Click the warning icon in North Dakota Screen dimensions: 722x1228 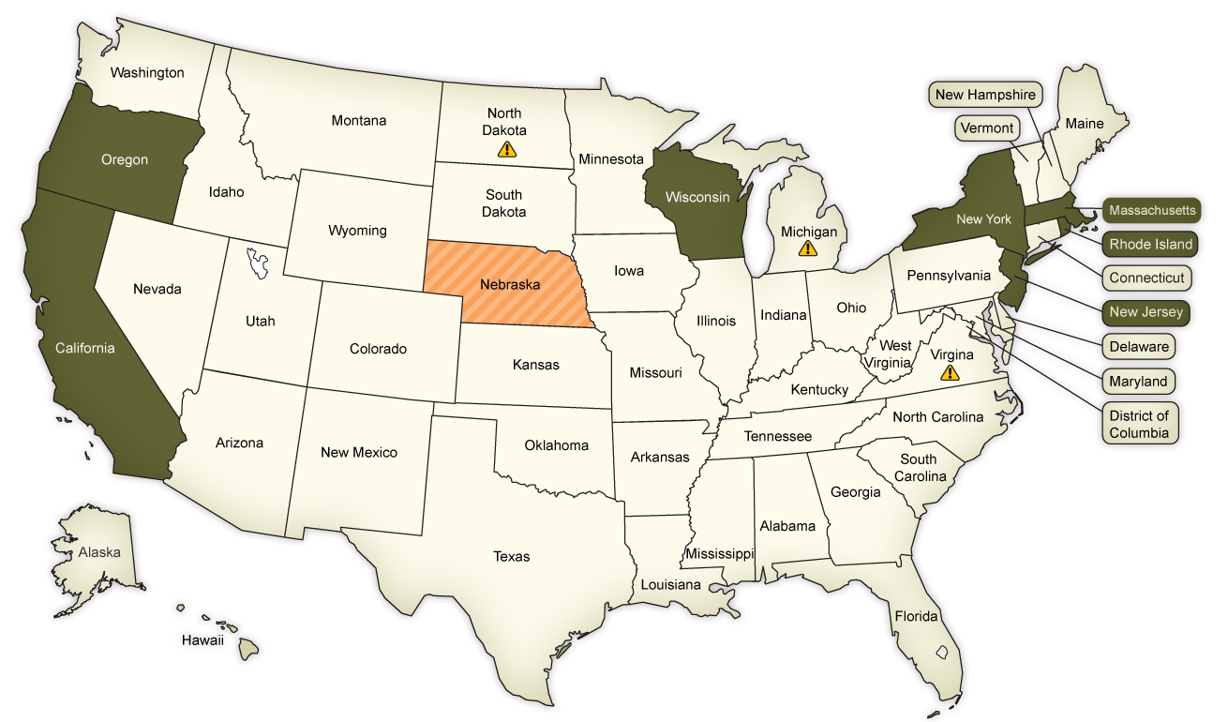pos(506,149)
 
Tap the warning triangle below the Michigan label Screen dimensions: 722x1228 pos(807,248)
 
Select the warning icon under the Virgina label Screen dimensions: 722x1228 pos(951,372)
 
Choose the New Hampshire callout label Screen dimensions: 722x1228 pos(985,95)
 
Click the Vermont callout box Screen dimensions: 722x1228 pos(987,128)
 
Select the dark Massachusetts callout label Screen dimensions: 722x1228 pos(1152,210)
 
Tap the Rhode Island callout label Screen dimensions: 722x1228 pos(1151,244)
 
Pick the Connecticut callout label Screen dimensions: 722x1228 pos(1146,278)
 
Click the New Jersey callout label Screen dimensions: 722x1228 pos(1146,311)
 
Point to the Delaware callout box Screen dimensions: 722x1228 pos(1139,346)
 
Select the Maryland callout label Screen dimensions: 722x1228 pos(1138,381)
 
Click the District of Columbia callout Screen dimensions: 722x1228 pos(1139,424)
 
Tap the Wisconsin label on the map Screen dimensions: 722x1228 pos(697,197)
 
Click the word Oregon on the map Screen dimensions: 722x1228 pos(125,159)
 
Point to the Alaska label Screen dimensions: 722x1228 pos(99,552)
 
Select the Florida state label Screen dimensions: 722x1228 pos(916,616)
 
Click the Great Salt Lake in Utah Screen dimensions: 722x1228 pos(257,262)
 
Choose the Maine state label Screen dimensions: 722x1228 pos(1085,124)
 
